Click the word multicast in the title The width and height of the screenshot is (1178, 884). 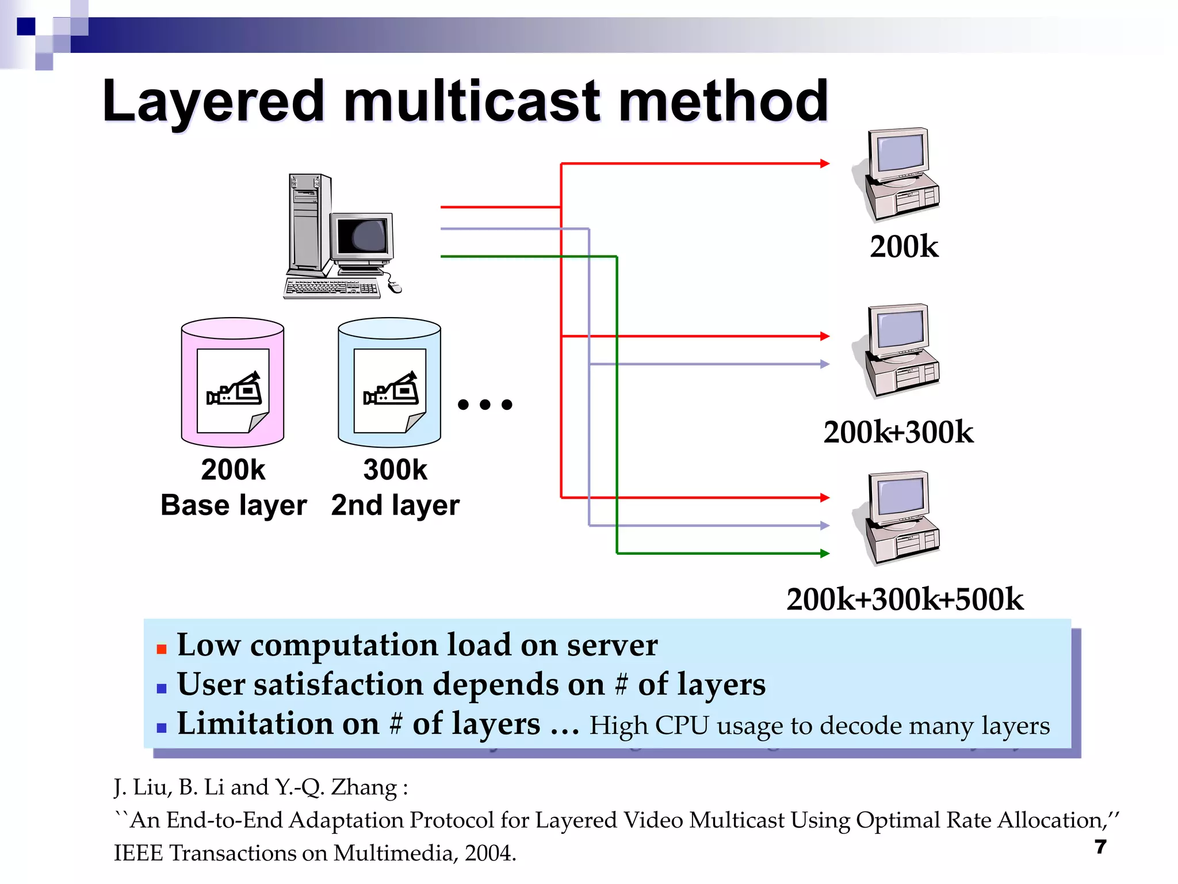coord(472,102)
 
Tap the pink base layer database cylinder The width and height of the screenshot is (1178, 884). coord(232,382)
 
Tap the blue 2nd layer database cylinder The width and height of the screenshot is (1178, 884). coord(389,382)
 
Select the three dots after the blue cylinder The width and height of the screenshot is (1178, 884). coord(485,405)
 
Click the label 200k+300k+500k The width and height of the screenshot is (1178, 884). coord(905,599)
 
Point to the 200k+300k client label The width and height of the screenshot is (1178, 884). coord(898,432)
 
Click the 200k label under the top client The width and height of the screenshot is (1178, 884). coord(904,247)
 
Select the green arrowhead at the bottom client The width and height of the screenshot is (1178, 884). coord(825,553)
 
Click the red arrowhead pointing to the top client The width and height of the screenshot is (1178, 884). coord(825,163)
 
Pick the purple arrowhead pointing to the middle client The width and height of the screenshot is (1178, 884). coord(825,364)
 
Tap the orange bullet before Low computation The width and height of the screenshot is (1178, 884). coord(162,649)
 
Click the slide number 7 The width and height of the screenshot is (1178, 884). coord(1100,847)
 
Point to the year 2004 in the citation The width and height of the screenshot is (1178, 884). coord(488,853)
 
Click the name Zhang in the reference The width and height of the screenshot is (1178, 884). coord(364,787)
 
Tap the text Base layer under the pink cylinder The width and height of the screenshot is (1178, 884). coord(234,505)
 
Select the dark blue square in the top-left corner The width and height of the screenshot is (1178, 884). coord(26,26)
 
